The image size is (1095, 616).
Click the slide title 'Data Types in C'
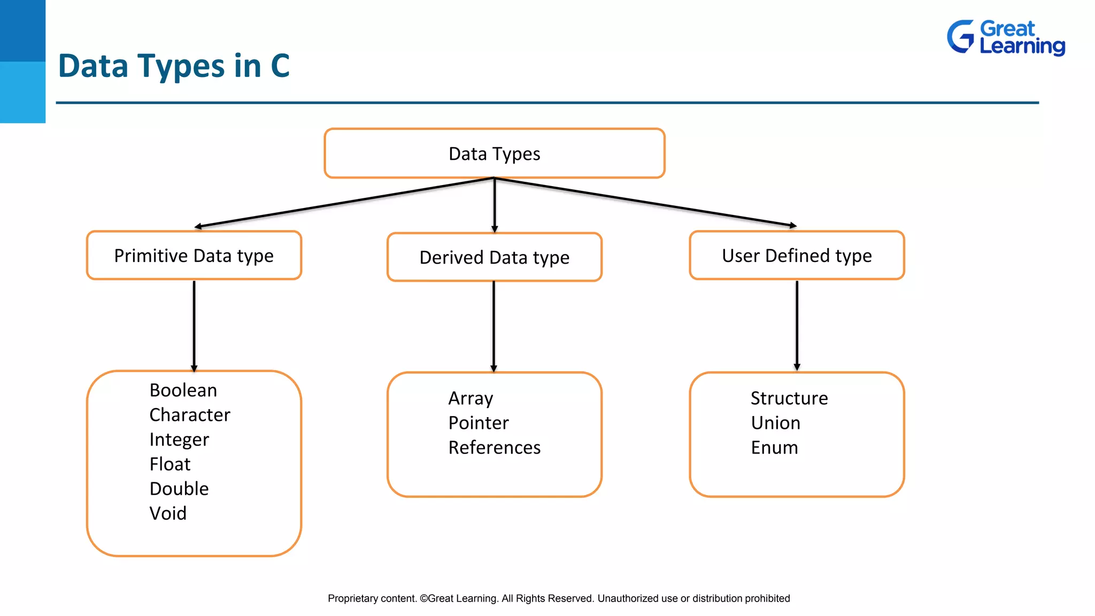(x=174, y=66)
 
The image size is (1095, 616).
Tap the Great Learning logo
(x=1006, y=37)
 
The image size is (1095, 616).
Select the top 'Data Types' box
(x=494, y=153)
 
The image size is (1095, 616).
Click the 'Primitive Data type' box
(x=194, y=256)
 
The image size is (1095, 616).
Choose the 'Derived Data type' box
(x=494, y=257)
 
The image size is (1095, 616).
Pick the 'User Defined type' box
(x=797, y=256)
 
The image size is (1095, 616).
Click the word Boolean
(x=183, y=390)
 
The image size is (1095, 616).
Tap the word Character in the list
(x=190, y=415)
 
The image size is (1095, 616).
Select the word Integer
(x=179, y=440)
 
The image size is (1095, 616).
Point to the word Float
(x=170, y=464)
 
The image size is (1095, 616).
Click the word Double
(x=179, y=489)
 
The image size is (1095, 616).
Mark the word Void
(x=168, y=513)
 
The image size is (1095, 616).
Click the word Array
(x=471, y=398)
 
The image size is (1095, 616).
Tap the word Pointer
(x=479, y=423)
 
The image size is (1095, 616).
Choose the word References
(x=495, y=448)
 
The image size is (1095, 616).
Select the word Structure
(x=789, y=398)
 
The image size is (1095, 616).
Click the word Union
(x=776, y=423)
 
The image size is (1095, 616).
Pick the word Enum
(x=774, y=448)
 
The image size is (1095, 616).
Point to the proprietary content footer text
(x=559, y=598)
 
